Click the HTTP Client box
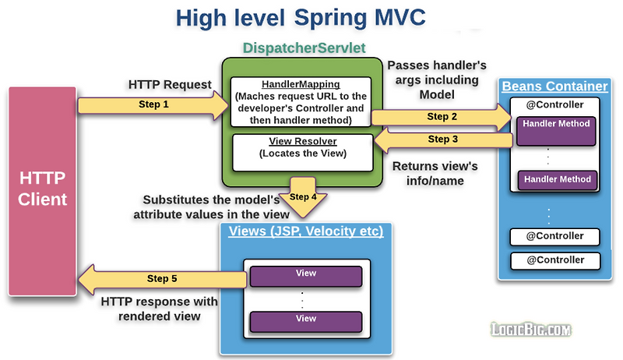point(44,189)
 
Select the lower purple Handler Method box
point(557,179)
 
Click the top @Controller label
point(555,104)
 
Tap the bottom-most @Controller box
point(555,259)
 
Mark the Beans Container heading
point(555,86)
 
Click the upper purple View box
point(305,275)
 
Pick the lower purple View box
point(305,319)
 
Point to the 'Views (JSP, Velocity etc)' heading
point(305,232)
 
